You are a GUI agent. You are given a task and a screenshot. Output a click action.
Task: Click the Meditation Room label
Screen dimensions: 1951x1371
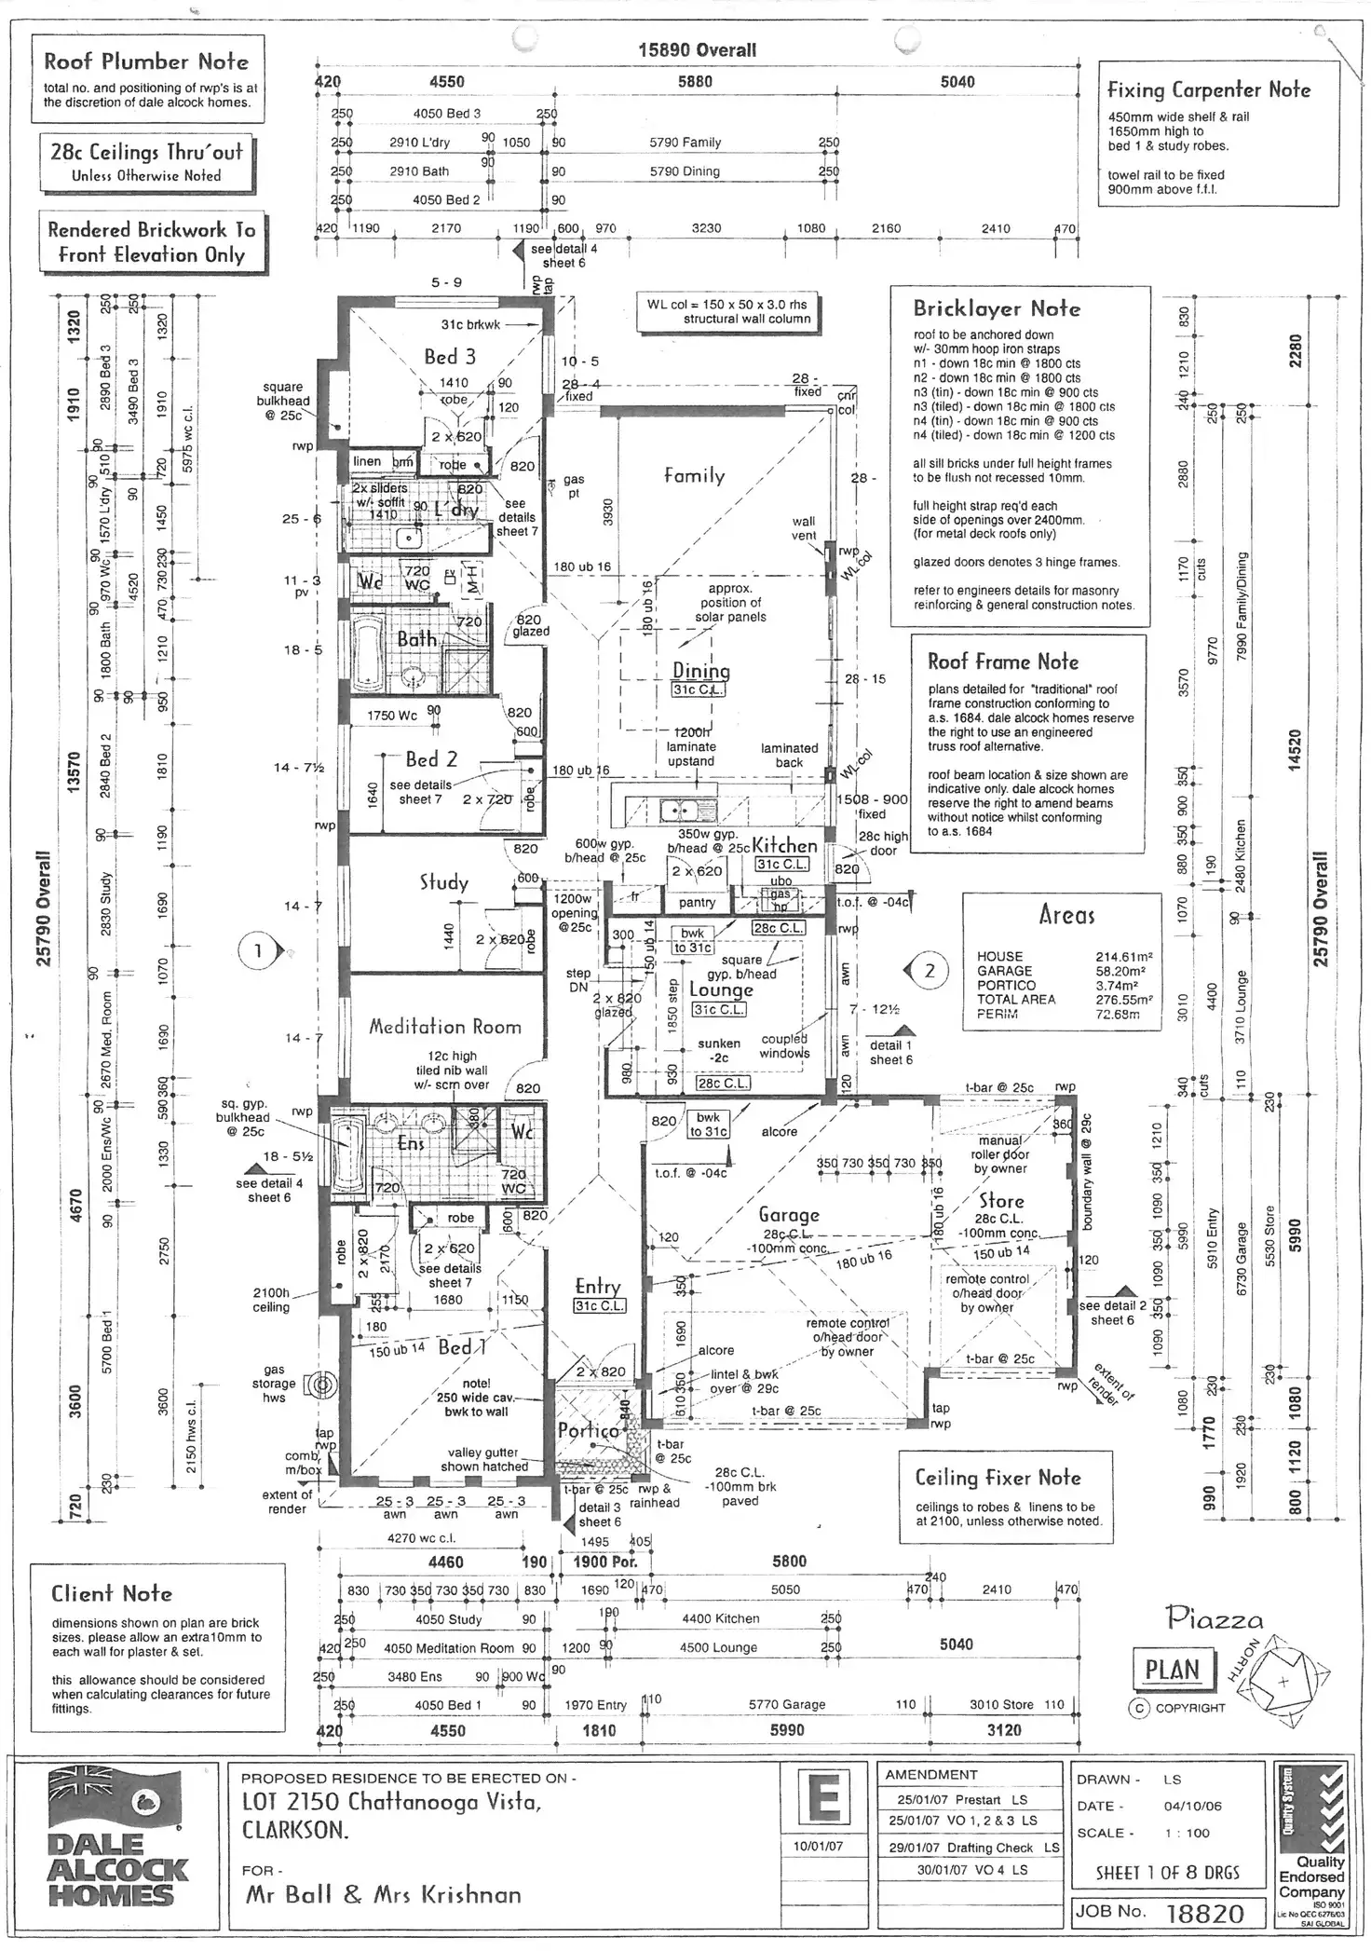(x=444, y=1027)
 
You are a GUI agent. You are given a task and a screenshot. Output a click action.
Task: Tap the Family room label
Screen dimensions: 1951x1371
(x=694, y=475)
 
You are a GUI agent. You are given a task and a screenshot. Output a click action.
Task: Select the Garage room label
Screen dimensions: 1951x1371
(x=789, y=1215)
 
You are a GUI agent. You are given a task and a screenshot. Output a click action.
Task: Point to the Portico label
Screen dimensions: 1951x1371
(x=588, y=1430)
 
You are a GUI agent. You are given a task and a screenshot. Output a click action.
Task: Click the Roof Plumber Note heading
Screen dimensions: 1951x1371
(x=146, y=62)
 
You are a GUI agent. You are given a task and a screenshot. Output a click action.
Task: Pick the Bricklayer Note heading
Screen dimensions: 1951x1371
(x=997, y=308)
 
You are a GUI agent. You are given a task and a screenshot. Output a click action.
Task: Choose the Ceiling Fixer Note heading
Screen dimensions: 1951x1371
(x=998, y=1478)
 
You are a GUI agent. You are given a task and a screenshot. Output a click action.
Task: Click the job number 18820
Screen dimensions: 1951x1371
(x=1204, y=1913)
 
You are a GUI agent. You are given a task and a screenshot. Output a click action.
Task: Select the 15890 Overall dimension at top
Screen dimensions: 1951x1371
(x=697, y=50)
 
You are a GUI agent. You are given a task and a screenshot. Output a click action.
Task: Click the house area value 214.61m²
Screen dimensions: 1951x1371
(x=1124, y=956)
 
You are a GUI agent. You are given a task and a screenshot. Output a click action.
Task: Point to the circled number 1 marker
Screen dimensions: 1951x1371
(x=258, y=951)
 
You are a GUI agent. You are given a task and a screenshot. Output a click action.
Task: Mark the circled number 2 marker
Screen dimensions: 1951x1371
(x=929, y=971)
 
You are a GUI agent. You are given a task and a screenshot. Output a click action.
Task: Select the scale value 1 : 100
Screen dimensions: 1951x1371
(x=1187, y=1833)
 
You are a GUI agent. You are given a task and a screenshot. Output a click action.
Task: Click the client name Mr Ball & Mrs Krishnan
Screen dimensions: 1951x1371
(x=383, y=1894)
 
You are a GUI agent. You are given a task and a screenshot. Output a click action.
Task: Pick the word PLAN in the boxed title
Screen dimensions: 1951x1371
(x=1173, y=1670)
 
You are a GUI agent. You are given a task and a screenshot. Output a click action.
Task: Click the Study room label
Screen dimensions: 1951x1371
(x=443, y=882)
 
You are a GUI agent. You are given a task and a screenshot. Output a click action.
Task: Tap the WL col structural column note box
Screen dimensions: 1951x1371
(x=727, y=311)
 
